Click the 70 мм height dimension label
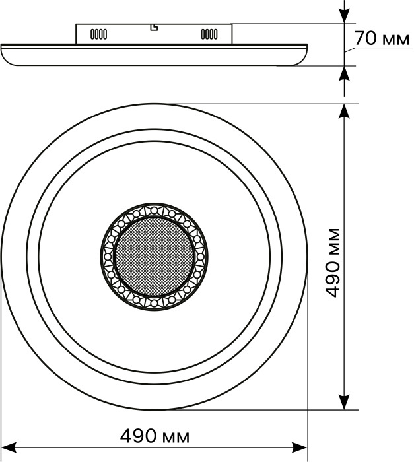pos(382,38)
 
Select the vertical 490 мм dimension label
pos(332,263)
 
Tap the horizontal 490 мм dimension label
pos(155,436)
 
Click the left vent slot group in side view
pos(99,34)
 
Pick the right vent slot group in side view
pos(209,34)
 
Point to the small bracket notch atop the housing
pos(154,28)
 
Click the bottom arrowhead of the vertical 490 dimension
pos(344,402)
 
